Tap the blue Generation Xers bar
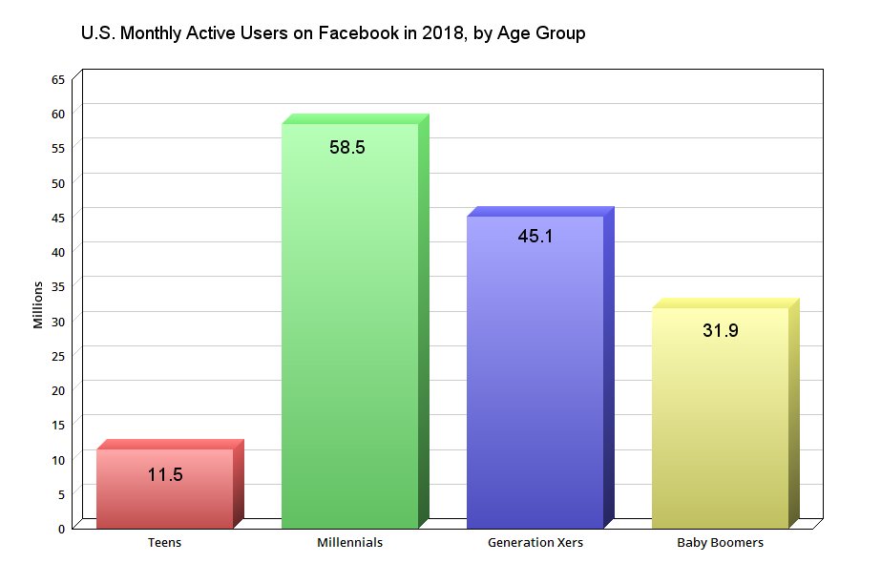[x=535, y=382]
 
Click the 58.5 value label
[x=347, y=148]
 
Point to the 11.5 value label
[x=165, y=474]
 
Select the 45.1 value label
[x=535, y=237]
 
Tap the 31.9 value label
[x=721, y=331]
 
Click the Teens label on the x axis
[x=164, y=543]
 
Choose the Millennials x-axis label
[x=349, y=543]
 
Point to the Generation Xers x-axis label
[x=535, y=543]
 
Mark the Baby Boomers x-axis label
[x=720, y=543]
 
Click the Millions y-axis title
[x=38, y=305]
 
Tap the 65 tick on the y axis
[x=58, y=79]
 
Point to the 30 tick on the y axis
[x=58, y=321]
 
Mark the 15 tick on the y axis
[x=58, y=425]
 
